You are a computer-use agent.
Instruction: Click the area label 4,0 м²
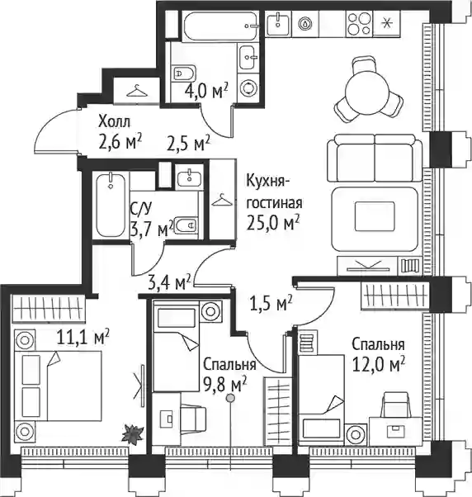(x=206, y=91)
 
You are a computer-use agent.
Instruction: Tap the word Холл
(x=115, y=121)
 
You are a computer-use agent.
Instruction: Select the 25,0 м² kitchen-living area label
(x=273, y=223)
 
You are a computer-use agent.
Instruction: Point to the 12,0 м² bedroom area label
(x=379, y=366)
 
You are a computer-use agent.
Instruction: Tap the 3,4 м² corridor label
(x=169, y=282)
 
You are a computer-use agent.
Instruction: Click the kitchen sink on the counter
(x=278, y=23)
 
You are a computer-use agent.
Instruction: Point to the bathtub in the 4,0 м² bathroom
(x=219, y=26)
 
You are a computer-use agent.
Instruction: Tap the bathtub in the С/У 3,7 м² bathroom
(x=111, y=205)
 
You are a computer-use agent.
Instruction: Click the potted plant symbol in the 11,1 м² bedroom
(x=132, y=435)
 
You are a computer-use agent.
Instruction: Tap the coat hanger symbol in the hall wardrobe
(x=137, y=91)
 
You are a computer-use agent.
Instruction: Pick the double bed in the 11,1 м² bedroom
(x=58, y=386)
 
